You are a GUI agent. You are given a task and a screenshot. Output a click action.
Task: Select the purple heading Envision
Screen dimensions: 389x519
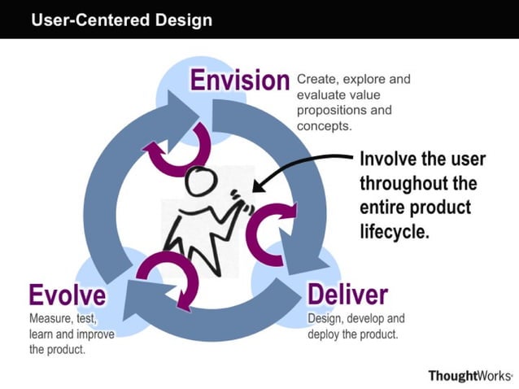pyautogui.click(x=239, y=80)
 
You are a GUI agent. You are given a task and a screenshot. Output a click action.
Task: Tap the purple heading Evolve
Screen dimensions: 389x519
pyautogui.click(x=67, y=294)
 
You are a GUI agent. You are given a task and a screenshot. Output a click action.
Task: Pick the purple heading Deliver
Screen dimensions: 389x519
pyautogui.click(x=347, y=294)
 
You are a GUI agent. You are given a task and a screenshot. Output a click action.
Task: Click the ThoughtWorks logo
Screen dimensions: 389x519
pyautogui.click(x=469, y=375)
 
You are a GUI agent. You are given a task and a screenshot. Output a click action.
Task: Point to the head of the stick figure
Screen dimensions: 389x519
pyautogui.click(x=199, y=181)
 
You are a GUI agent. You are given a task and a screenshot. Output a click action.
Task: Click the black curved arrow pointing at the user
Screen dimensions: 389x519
pyautogui.click(x=301, y=167)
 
